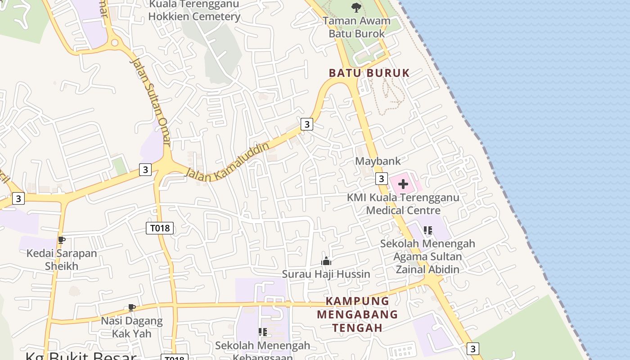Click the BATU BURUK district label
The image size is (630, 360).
(x=369, y=73)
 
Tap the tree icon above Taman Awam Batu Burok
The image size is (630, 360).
(x=356, y=8)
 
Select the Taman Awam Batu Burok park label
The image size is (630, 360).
(x=356, y=27)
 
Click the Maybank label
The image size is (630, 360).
(x=378, y=161)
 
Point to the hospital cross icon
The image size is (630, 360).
(x=403, y=184)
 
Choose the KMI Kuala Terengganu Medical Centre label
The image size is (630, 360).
(x=403, y=204)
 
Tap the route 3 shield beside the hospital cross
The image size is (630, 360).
(x=381, y=179)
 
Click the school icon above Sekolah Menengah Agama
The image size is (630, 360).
(x=427, y=230)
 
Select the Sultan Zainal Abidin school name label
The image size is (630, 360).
(x=427, y=256)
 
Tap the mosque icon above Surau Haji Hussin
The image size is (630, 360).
(x=326, y=261)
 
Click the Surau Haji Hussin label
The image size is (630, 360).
(x=326, y=274)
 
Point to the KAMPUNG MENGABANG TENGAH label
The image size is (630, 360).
(x=357, y=314)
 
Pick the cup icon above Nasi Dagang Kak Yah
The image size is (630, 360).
(x=131, y=308)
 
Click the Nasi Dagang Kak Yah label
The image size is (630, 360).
(x=131, y=327)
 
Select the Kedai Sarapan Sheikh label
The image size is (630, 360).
(x=62, y=259)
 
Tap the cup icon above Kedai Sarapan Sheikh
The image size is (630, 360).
(x=62, y=240)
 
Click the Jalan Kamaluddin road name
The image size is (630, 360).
(x=228, y=162)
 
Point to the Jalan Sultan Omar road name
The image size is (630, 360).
(x=150, y=101)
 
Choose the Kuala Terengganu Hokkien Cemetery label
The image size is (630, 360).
(x=194, y=11)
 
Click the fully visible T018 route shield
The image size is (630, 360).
(x=160, y=228)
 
